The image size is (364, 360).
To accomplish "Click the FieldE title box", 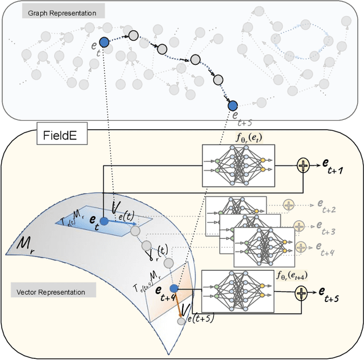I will tap(61, 137).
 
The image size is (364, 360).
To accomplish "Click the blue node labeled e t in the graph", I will tap(104, 42).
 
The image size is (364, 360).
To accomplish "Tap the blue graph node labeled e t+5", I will tap(233, 105).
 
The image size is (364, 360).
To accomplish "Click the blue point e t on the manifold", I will tap(104, 221).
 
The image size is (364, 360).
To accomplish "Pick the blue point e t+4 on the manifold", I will tap(174, 289).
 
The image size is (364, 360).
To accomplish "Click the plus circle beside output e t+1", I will tap(303, 165).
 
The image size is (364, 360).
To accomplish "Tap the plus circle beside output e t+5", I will tap(300, 293).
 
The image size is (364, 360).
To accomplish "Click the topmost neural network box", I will tap(238, 165).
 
